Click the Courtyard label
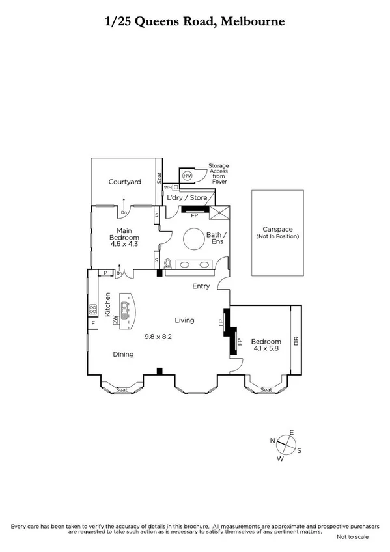click(125, 182)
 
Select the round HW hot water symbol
click(188, 176)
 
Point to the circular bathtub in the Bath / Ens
click(193, 240)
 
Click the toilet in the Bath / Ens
click(168, 264)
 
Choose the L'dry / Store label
click(187, 197)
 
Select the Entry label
click(201, 286)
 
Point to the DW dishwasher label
click(115, 320)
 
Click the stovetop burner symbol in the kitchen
click(92, 309)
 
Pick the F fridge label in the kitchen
click(92, 323)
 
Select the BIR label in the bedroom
click(296, 340)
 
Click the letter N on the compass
click(272, 441)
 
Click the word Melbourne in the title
click(253, 21)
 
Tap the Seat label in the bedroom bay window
click(266, 390)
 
